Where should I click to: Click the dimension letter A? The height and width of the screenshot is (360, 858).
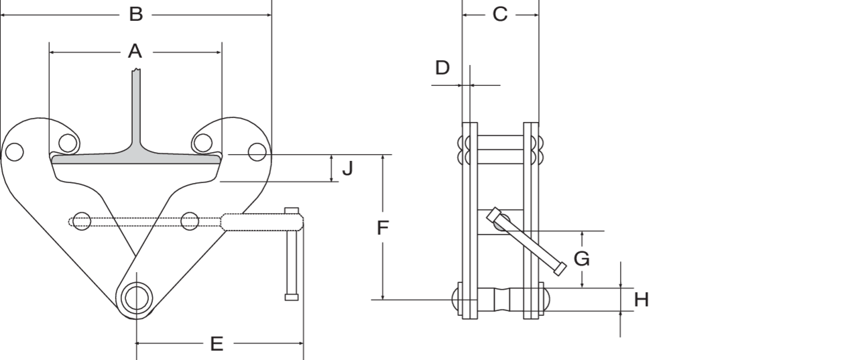tap(135, 52)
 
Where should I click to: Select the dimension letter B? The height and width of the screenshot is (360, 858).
tap(136, 14)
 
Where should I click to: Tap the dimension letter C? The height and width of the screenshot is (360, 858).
tap(500, 14)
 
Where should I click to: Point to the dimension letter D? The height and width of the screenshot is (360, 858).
tap(442, 68)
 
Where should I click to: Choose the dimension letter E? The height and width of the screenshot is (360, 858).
tap(217, 344)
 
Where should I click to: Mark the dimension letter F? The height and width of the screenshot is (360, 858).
tap(383, 228)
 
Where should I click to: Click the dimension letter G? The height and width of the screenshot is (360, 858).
tap(581, 259)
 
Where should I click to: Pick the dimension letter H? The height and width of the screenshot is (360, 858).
tap(641, 300)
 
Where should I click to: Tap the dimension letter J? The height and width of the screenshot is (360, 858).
tap(347, 168)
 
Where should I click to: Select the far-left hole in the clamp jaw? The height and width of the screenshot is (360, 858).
tap(15, 152)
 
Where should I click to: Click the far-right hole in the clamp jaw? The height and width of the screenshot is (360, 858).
tap(257, 152)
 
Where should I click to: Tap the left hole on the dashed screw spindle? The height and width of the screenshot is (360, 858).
tap(82, 221)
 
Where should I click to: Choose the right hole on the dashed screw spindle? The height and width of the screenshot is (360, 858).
tap(190, 221)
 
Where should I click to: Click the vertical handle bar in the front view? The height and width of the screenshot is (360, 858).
tap(292, 254)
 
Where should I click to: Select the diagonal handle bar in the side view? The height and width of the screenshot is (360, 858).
tap(526, 241)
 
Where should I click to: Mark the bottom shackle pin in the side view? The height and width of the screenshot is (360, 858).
tap(501, 300)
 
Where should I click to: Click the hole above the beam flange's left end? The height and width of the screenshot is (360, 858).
tap(68, 143)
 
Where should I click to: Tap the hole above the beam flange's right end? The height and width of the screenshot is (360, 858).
tap(203, 143)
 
